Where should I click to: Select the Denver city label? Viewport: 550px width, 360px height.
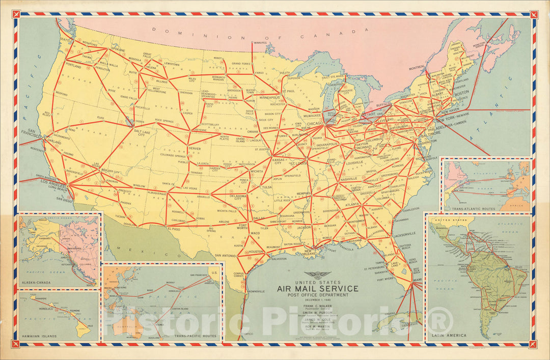click(194, 148)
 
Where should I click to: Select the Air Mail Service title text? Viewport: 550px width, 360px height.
click(317, 289)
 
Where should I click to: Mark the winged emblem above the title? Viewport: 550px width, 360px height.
click(317, 275)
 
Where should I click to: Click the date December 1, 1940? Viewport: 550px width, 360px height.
click(317, 300)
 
